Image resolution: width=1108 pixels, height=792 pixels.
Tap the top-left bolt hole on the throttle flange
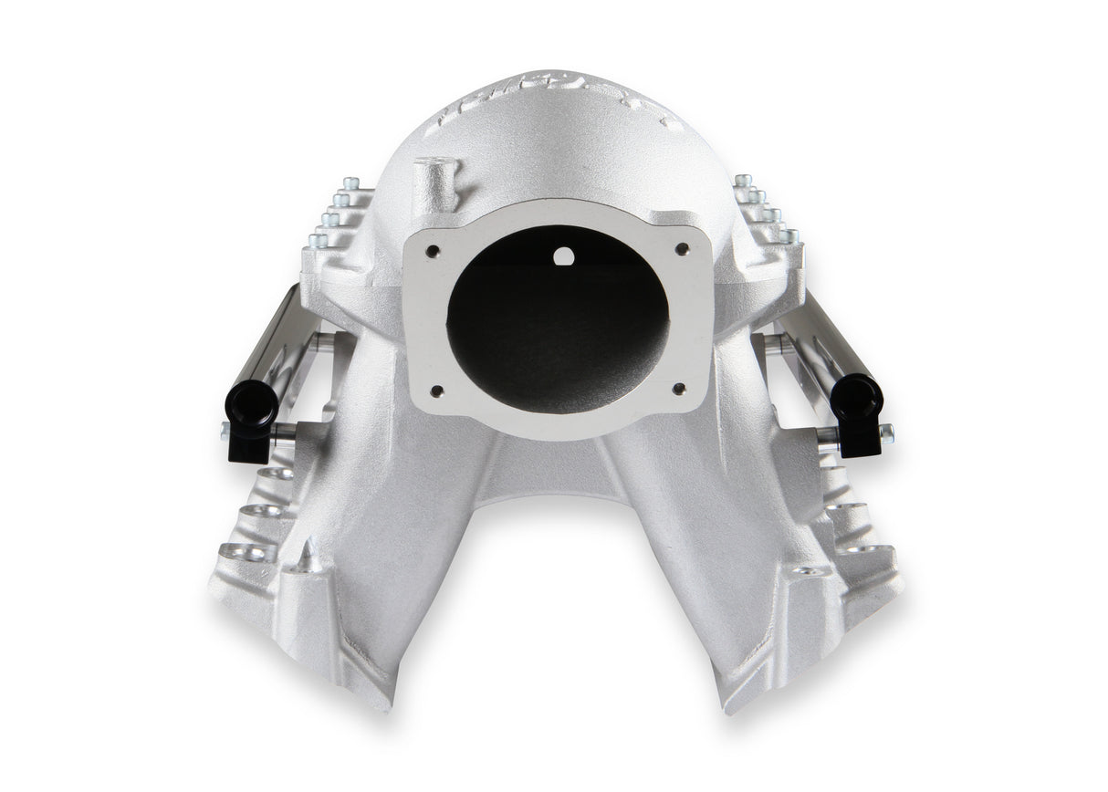(434, 250)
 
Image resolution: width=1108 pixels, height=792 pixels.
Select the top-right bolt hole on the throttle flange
(681, 247)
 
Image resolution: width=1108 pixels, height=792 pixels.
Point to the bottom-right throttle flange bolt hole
(678, 388)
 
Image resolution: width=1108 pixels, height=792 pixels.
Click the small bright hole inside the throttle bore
(564, 257)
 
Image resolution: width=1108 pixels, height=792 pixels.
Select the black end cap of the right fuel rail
(857, 400)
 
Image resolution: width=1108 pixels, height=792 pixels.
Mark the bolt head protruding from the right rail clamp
(886, 432)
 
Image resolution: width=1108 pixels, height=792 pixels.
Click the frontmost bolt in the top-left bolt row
(319, 241)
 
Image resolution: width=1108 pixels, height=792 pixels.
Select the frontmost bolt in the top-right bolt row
(789, 236)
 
